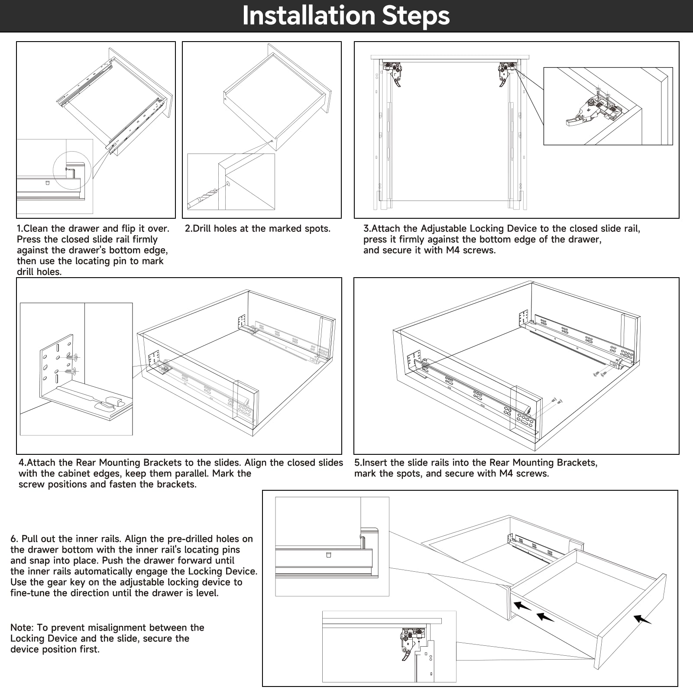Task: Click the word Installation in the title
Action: coord(308,16)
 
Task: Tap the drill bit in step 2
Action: coord(204,198)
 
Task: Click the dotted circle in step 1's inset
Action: coord(72,171)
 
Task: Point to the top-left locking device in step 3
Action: coord(393,72)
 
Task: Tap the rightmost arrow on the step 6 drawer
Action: coord(642,619)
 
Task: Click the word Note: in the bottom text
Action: coord(22,628)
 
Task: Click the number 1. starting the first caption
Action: coord(20,229)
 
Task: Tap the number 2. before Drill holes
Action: coord(188,229)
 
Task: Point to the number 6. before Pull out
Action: coord(14,539)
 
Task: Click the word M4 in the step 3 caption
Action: coord(453,250)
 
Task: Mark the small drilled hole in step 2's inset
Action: coord(228,184)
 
